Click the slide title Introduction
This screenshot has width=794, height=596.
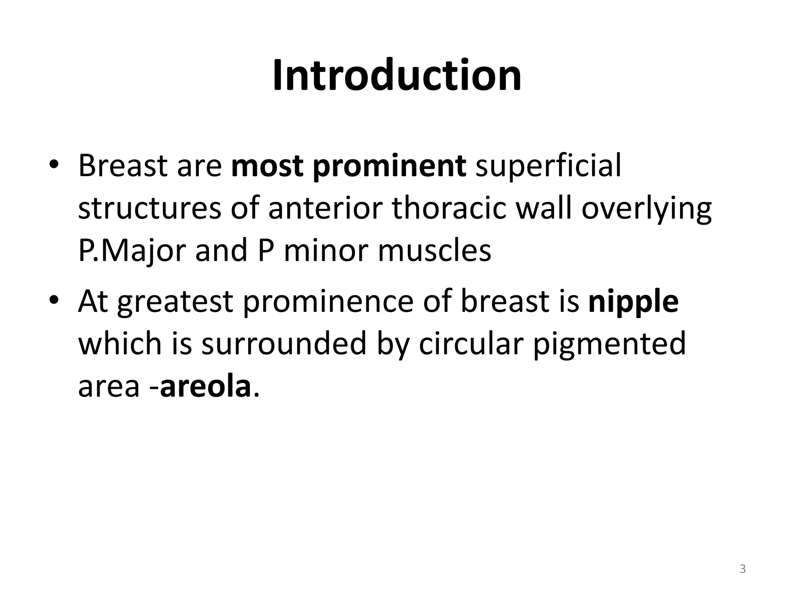click(x=397, y=76)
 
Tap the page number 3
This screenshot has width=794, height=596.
click(x=742, y=569)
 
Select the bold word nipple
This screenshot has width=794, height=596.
click(x=633, y=303)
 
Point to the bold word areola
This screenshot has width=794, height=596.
click(x=205, y=387)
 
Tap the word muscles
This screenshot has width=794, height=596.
click(x=434, y=251)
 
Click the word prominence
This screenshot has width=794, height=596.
click(x=328, y=303)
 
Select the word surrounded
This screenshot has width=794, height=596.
click(x=283, y=344)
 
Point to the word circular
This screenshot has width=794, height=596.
click(x=471, y=344)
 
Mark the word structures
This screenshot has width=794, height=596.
click(x=150, y=209)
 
